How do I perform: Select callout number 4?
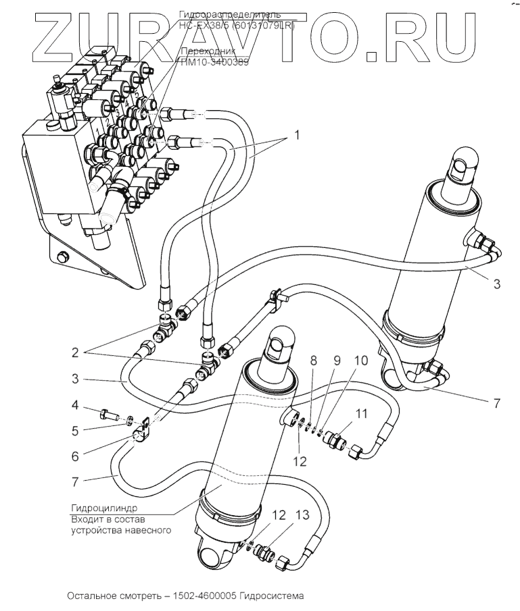tap(77, 406)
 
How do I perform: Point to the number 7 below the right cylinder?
tap(496, 404)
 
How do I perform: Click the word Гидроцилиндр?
tap(103, 508)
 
